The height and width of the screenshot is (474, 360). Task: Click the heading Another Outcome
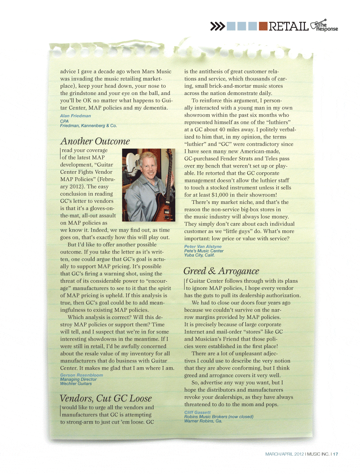(95, 141)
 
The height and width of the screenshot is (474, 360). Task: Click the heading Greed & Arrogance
(221, 271)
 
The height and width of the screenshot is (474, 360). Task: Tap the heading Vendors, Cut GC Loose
(106, 398)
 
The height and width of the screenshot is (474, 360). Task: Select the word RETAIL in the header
(288, 26)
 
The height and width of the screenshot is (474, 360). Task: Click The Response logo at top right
(324, 26)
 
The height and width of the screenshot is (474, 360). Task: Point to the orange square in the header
(263, 26)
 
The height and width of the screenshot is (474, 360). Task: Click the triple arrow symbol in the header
(217, 26)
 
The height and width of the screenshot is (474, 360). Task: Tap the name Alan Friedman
(76, 116)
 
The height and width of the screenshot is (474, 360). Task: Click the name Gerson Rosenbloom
(81, 375)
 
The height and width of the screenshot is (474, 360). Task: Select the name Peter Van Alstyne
(203, 247)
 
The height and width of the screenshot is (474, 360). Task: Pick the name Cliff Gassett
(198, 413)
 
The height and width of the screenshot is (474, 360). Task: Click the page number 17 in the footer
(336, 454)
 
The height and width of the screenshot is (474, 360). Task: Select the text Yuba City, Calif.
(199, 255)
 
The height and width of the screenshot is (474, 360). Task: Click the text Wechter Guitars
(76, 384)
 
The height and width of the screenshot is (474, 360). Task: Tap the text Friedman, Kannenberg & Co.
(89, 126)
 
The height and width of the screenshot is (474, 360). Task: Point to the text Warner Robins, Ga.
(203, 421)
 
